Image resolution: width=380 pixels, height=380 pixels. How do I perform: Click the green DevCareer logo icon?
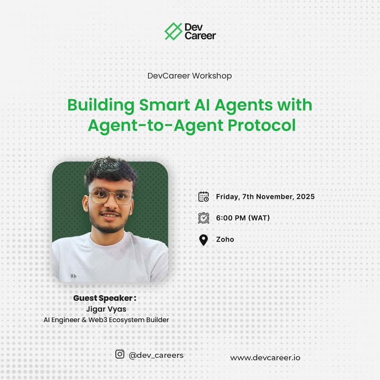(x=173, y=31)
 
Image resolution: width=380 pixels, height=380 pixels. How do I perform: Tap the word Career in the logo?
(x=201, y=36)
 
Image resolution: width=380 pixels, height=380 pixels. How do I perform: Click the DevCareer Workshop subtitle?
(x=190, y=76)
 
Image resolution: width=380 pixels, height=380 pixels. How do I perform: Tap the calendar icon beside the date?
(x=203, y=196)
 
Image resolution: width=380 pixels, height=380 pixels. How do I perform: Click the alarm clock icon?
(x=203, y=218)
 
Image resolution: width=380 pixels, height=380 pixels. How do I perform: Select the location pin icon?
(x=203, y=239)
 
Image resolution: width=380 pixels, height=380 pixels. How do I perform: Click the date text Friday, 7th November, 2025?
(x=265, y=196)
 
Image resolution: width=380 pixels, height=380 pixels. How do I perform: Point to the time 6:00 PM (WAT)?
(x=243, y=218)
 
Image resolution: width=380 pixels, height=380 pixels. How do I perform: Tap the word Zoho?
(x=225, y=239)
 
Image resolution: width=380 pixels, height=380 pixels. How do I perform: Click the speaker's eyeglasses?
(x=111, y=195)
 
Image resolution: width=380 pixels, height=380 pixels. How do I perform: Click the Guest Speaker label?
(x=104, y=298)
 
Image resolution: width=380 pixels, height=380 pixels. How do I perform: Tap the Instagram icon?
(x=120, y=354)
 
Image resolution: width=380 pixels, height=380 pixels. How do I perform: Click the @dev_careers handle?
(x=156, y=355)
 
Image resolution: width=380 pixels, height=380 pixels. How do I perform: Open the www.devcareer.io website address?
(x=265, y=357)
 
